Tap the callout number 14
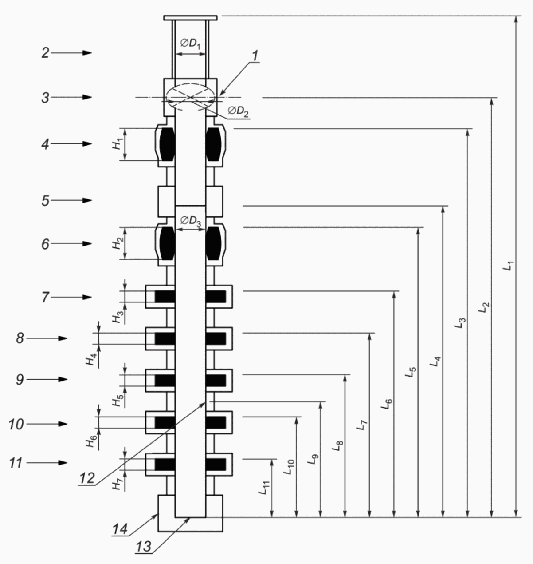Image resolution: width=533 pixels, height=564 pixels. [120, 529]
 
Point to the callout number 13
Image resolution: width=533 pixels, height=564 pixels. [143, 547]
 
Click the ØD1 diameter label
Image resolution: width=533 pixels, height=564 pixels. [190, 44]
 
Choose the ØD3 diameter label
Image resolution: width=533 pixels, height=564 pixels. [191, 221]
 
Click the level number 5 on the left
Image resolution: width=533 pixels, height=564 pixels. [45, 201]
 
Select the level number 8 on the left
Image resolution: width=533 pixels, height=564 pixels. [20, 338]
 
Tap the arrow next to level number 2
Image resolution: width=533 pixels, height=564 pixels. [72, 53]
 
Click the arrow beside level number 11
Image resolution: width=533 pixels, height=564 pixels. [47, 463]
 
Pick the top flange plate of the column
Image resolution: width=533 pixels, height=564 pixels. [190, 18]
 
